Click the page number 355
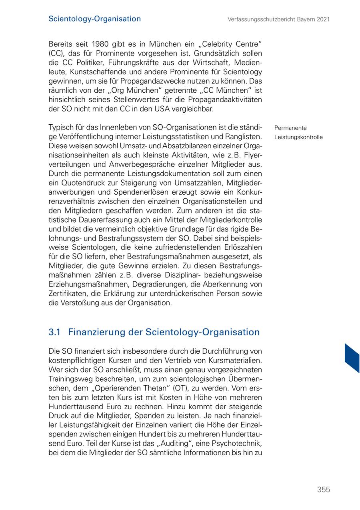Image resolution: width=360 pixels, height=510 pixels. (323, 490)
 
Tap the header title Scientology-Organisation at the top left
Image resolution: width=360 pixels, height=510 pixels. (94, 19)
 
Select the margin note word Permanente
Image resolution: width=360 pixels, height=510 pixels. (290, 128)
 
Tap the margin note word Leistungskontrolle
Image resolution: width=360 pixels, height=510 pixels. (298, 137)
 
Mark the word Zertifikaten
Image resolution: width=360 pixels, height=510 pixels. (67, 293)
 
